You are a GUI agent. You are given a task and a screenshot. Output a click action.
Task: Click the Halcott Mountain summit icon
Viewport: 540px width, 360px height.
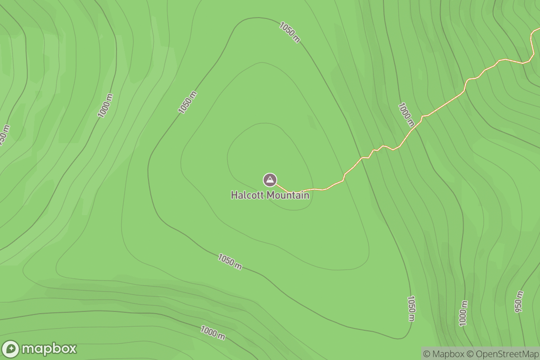coord(270,180)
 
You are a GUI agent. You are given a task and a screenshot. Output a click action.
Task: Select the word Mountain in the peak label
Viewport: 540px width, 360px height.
coord(288,195)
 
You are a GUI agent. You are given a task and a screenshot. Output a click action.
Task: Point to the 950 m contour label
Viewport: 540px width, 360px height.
coord(519,301)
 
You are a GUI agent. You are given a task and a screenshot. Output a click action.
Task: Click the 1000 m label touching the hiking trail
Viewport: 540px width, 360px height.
coord(406,114)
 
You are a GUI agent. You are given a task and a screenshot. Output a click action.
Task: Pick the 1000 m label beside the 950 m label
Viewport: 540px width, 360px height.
coord(463,313)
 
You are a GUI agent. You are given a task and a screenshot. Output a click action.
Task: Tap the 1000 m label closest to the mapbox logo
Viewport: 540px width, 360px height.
coord(213,333)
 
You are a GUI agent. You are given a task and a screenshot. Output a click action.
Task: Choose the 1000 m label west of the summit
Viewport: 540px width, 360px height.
coord(105,106)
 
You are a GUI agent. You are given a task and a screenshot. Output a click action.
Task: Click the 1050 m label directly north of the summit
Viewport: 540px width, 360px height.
coord(289,32)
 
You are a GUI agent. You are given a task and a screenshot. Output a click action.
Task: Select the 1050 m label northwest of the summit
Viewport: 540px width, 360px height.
coord(188,102)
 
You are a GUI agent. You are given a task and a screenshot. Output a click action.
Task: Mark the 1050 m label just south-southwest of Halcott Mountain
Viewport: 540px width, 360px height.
coord(230,261)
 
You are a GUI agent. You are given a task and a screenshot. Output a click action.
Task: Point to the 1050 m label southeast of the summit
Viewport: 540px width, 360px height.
coord(411,308)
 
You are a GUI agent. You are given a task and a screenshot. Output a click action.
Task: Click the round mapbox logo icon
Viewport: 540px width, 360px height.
coord(11,349)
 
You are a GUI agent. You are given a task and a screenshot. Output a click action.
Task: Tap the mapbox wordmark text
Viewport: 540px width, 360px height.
coord(49,349)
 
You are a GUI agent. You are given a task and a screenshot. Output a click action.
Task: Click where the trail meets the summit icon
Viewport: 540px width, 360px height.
coord(276,184)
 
